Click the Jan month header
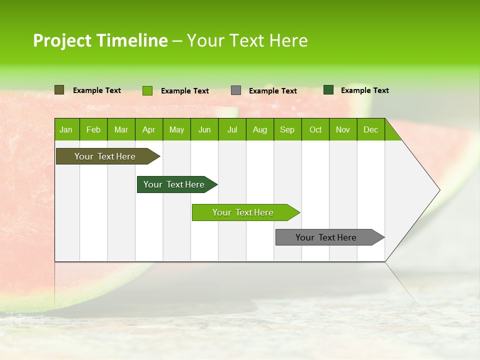point(66,129)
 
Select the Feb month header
point(93,129)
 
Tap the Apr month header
point(148,129)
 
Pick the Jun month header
point(204,129)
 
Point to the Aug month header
point(260,129)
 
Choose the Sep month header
point(287,129)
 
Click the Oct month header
point(315,129)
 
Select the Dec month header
point(371,129)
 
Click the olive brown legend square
point(59,90)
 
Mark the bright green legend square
point(147,90)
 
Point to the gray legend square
point(236,90)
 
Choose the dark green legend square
point(328,90)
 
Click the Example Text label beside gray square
point(273,91)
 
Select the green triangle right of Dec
point(391,133)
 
